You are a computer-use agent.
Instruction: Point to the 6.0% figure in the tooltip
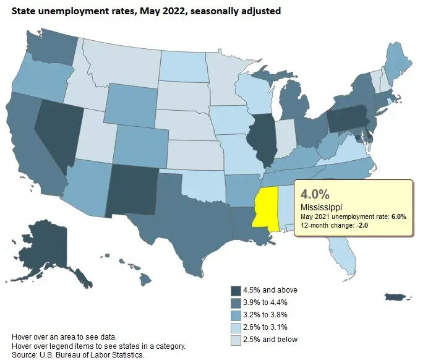point(397,216)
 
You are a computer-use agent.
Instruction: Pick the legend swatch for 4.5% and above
point(236,291)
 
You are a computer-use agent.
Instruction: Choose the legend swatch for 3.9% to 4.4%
point(236,302)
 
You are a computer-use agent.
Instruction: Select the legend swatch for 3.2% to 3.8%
point(236,315)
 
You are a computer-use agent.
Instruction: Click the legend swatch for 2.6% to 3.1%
point(236,327)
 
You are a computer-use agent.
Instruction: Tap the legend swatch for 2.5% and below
point(236,339)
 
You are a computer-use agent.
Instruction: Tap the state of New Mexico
point(132,191)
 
